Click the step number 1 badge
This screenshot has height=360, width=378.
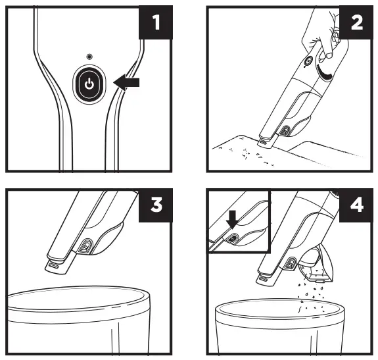[x=155, y=26]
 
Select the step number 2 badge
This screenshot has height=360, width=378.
[x=355, y=26]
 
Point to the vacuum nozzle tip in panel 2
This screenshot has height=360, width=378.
[x=263, y=140]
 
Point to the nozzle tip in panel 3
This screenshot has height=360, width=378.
[x=57, y=266]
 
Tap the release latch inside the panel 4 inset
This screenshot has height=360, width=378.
[x=235, y=238]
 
